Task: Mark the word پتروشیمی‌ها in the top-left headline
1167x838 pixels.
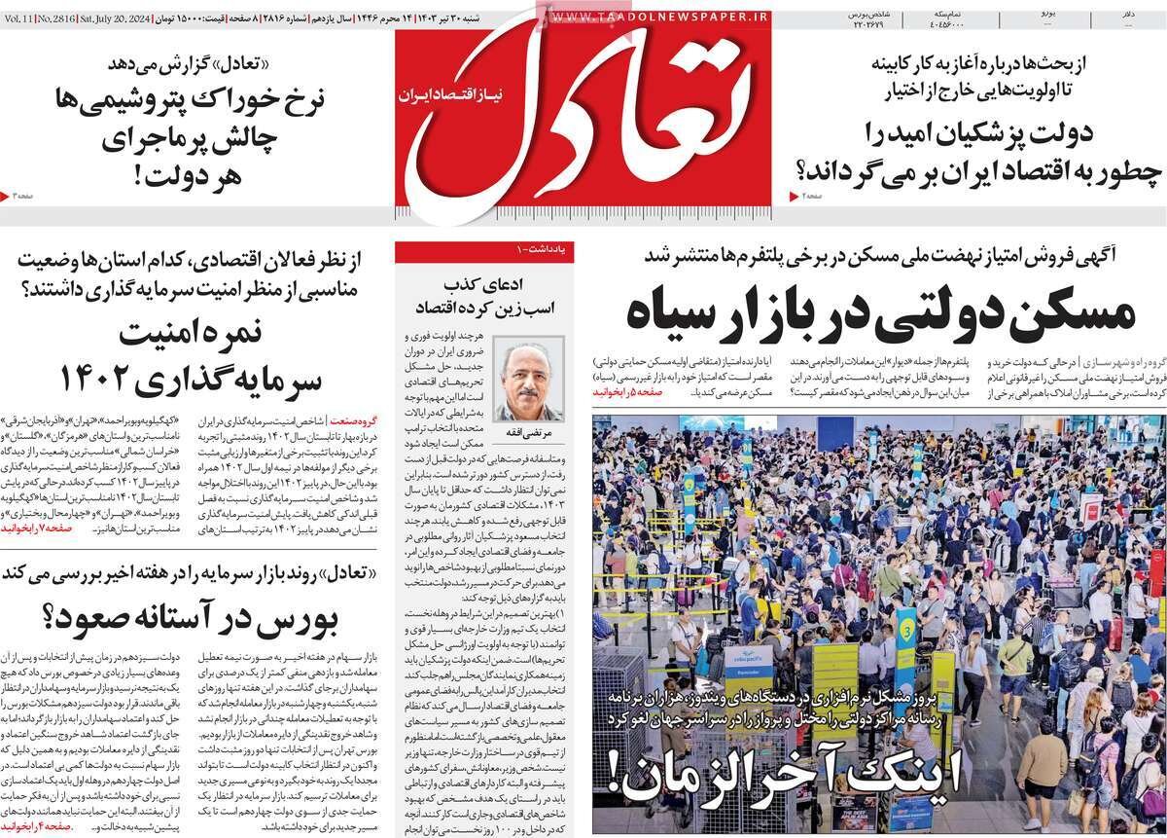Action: click(x=118, y=100)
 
